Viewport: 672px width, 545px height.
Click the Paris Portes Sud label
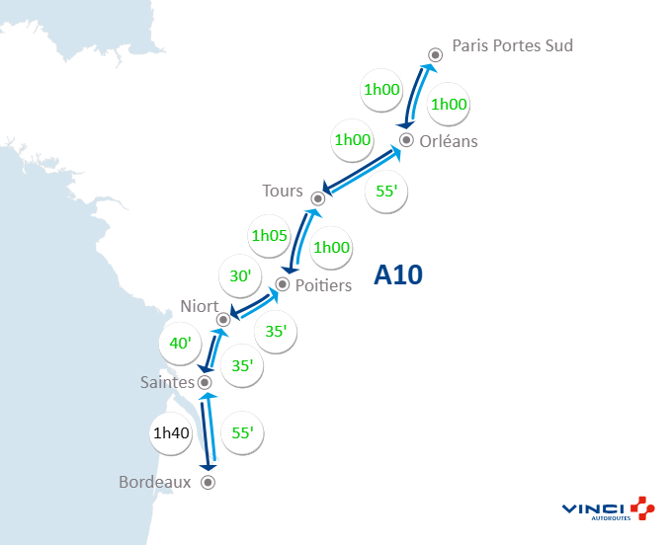tap(512, 45)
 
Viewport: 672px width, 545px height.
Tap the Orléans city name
tap(448, 141)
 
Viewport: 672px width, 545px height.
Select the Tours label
tap(283, 191)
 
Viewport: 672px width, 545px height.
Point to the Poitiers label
tap(324, 285)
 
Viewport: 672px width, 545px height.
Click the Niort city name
tap(200, 306)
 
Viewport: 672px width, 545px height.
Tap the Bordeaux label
tap(154, 483)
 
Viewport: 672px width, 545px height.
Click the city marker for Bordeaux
tap(208, 483)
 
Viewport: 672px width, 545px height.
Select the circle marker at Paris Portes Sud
tap(435, 55)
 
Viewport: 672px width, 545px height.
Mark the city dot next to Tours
tap(319, 195)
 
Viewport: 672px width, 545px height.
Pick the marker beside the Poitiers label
tap(282, 284)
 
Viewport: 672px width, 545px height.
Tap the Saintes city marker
tap(205, 382)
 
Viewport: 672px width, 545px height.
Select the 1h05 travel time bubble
tap(269, 236)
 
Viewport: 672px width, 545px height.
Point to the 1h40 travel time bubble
tap(171, 431)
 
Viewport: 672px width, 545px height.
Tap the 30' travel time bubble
tap(240, 277)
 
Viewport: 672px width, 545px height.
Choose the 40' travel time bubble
tap(182, 343)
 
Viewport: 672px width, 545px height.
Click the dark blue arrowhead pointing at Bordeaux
tap(209, 467)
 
